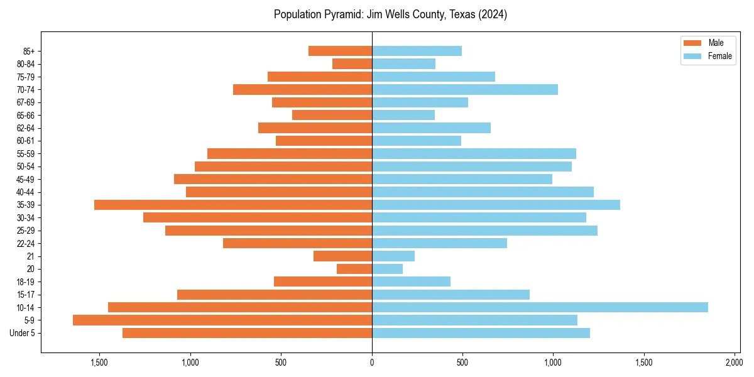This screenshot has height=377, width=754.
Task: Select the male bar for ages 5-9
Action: pyautogui.click(x=222, y=320)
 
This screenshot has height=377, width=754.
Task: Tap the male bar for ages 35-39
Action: pyautogui.click(x=233, y=205)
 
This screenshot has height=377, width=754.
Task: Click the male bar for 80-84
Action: pyautogui.click(x=352, y=63)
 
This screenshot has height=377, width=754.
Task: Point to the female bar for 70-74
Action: pyautogui.click(x=464, y=89)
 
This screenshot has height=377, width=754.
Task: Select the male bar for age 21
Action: pyautogui.click(x=342, y=256)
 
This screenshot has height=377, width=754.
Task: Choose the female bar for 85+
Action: pyautogui.click(x=417, y=51)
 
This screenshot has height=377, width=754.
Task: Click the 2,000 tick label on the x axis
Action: pyautogui.click(x=734, y=363)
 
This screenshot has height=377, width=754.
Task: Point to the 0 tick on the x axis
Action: pyautogui.click(x=372, y=363)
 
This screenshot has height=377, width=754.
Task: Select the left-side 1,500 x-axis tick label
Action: pyautogui.click(x=99, y=363)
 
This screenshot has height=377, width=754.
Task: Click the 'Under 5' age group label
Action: pyautogui.click(x=22, y=333)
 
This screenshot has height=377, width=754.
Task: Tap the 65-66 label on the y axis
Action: pyautogui.click(x=26, y=115)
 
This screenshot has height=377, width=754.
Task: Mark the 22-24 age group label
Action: pyautogui.click(x=26, y=243)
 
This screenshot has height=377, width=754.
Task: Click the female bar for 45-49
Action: pyautogui.click(x=462, y=179)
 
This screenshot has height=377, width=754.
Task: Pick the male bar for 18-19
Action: pyautogui.click(x=323, y=281)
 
